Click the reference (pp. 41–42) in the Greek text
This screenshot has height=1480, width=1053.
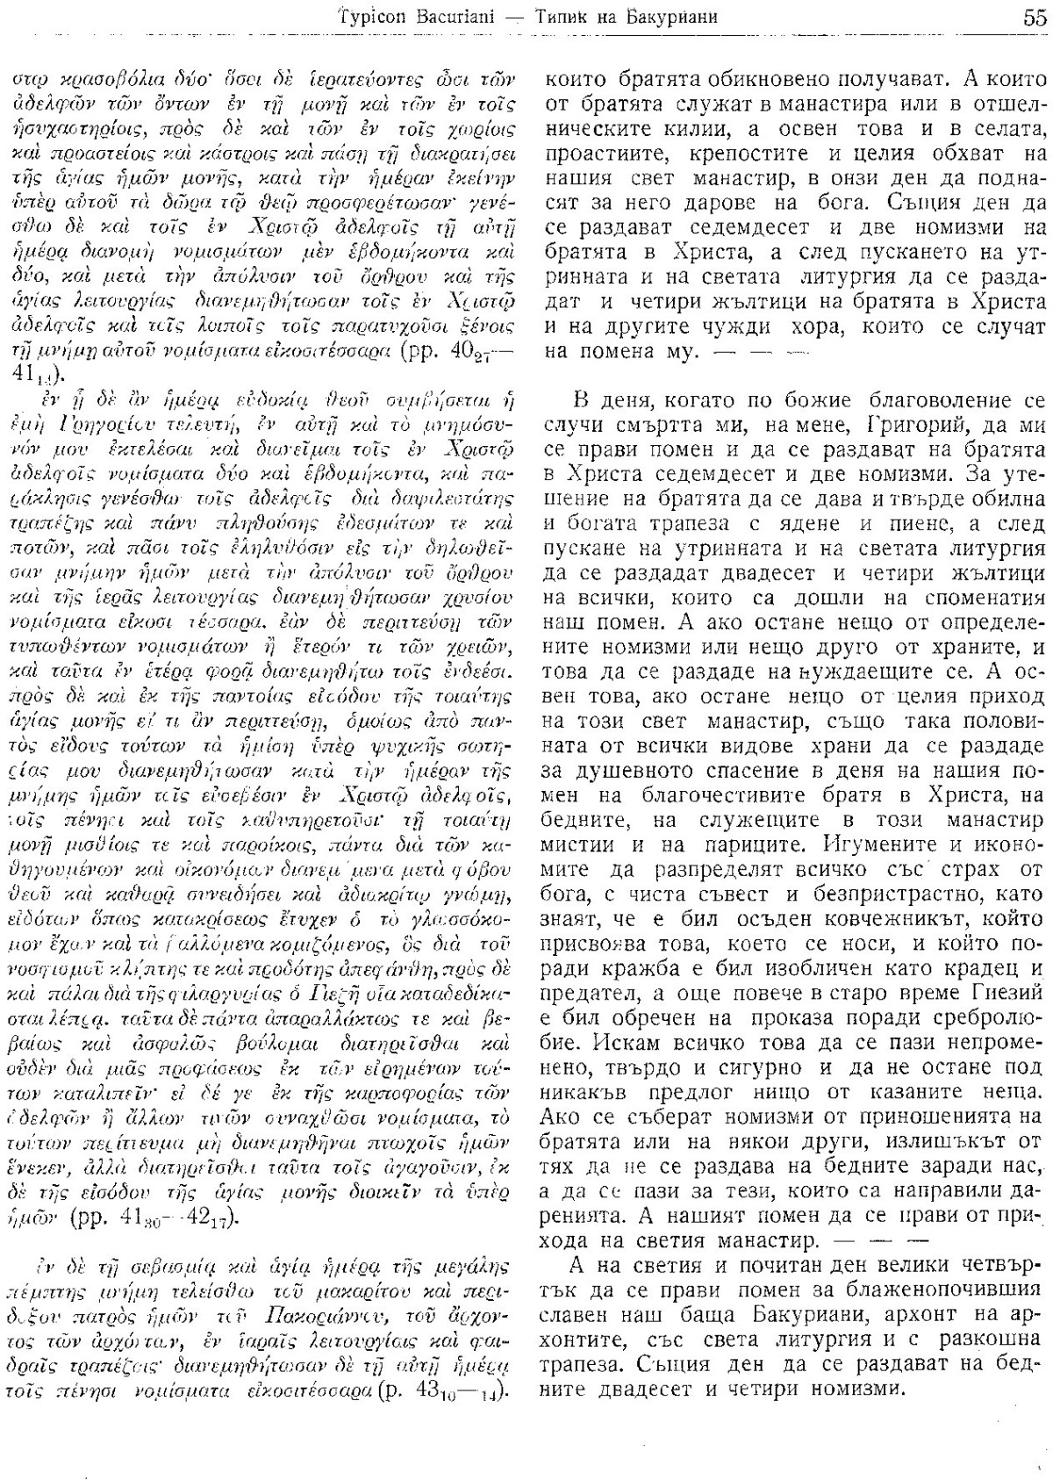182,1222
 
